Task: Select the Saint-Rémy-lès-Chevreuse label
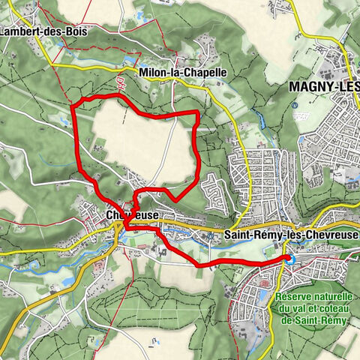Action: point(291,235)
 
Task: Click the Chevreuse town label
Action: point(132,214)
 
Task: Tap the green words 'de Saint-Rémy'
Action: point(315,319)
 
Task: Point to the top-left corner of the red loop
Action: point(73,103)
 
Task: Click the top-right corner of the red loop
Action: point(196,112)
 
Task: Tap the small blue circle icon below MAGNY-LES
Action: point(298,106)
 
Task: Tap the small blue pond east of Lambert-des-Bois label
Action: point(130,58)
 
